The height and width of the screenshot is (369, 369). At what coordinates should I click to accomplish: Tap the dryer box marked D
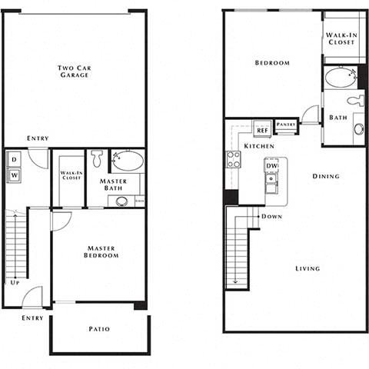pos(15,159)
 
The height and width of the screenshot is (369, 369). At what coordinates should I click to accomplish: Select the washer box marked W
pos(15,175)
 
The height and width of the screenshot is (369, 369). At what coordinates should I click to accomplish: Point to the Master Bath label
pos(113,185)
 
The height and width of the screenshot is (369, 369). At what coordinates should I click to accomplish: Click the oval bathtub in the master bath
pos(127,161)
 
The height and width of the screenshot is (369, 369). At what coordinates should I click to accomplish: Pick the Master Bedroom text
pos(101,251)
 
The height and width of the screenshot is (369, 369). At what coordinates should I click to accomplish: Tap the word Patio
pos(98,329)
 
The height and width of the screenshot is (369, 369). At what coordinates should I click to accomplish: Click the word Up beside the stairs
pos(15,282)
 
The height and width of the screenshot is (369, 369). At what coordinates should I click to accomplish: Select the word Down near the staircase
pos(270,217)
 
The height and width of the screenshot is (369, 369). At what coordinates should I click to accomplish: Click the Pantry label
pos(286,125)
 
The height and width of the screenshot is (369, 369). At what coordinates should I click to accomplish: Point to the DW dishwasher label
pos(271,165)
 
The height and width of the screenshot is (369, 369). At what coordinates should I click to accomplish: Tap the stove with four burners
pos(233,159)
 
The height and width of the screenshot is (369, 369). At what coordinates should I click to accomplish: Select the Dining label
pos(326,177)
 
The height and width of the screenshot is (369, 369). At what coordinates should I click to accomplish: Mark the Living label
pos(307,268)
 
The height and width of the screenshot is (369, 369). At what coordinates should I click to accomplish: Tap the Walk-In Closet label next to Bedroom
pos(341,38)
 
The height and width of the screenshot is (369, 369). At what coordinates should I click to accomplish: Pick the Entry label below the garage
pos(38,138)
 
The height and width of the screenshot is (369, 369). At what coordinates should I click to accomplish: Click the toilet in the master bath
pos(97,158)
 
